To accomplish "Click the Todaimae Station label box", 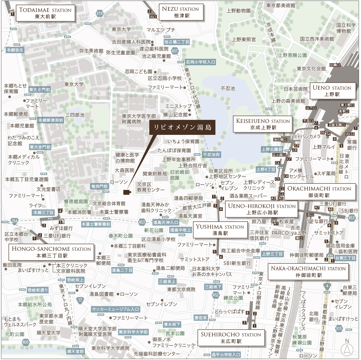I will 45,13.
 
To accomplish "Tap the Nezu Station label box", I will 180,12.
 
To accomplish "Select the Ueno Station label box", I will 332,91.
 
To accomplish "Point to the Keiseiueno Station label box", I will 263,124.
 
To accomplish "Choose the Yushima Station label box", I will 220,230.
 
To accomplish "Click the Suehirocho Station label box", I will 231,338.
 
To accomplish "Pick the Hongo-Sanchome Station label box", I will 51,252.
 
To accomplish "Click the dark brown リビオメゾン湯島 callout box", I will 182,127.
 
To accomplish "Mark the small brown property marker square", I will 127,192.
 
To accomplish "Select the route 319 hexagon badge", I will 99,13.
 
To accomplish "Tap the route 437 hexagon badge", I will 175,51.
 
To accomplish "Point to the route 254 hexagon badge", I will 15,221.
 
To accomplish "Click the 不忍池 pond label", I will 228,88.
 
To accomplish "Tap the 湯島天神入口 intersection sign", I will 166,223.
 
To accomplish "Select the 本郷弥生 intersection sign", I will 15,50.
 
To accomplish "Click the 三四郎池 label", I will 75,115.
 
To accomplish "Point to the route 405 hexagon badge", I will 26,342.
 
